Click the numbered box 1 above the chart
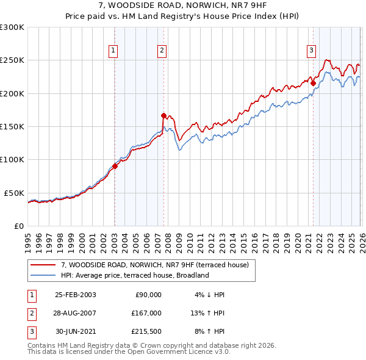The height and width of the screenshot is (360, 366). (x=114, y=51)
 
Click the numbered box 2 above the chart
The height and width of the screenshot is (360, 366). (x=162, y=51)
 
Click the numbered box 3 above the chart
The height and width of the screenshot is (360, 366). (x=311, y=51)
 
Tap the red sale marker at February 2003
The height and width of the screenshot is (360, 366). (x=115, y=166)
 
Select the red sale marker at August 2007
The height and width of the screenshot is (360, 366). (x=163, y=115)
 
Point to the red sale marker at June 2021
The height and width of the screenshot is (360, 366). (x=313, y=84)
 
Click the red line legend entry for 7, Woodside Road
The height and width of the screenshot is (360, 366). (x=154, y=265)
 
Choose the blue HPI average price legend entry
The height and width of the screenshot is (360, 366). (x=135, y=275)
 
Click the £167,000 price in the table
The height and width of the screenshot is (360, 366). (x=146, y=313)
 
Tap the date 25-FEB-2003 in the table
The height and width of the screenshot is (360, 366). (x=75, y=295)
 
